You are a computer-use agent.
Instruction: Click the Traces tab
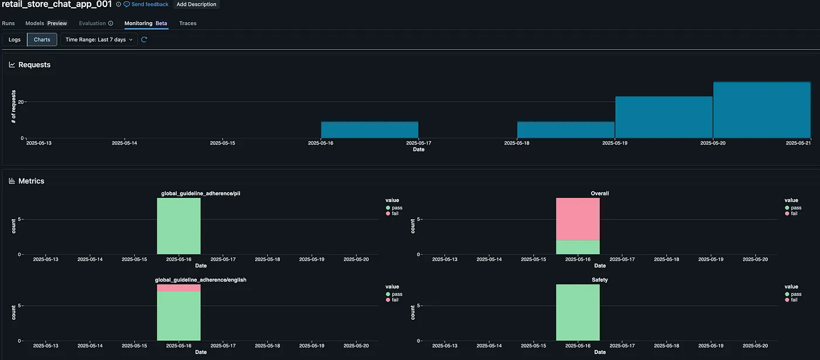(187, 23)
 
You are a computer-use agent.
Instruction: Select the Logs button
(15, 40)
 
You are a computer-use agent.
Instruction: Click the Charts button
(42, 40)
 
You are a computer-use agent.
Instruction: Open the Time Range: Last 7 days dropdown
(99, 40)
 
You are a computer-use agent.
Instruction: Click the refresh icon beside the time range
(144, 40)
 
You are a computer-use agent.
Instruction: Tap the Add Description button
(197, 4)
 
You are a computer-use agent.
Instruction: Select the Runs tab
(8, 23)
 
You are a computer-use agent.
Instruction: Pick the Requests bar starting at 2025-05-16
(370, 130)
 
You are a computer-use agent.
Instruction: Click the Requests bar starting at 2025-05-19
(664, 117)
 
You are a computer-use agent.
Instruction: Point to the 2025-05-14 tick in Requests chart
(125, 143)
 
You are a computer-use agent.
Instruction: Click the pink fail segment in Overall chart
(578, 219)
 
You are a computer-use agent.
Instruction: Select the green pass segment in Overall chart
(578, 248)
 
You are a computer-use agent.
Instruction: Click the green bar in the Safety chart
(578, 313)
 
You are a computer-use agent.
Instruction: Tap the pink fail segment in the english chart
(179, 288)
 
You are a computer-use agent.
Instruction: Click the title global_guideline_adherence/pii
(201, 193)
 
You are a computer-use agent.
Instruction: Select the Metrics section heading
(31, 181)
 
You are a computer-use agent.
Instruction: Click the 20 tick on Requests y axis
(20, 102)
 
